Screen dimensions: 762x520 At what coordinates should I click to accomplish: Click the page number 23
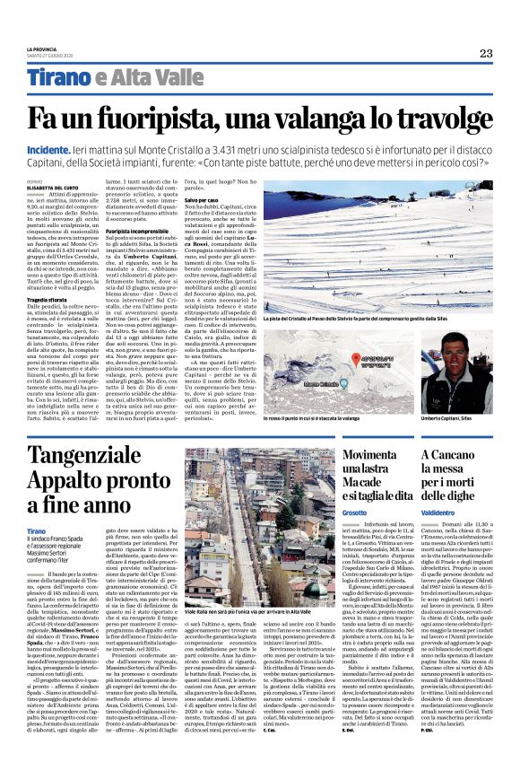[x=485, y=53]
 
